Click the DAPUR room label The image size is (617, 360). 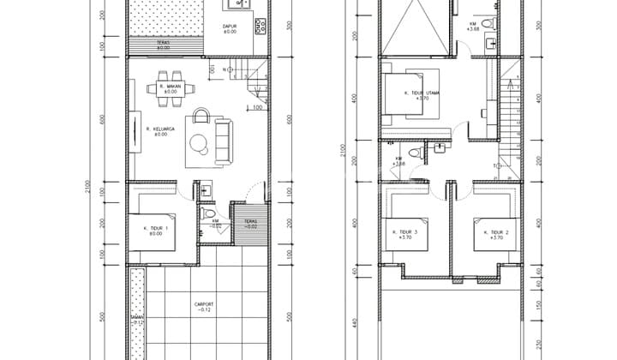click(231, 28)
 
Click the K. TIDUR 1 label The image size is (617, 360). click(155, 230)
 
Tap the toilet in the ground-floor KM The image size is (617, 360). click(208, 212)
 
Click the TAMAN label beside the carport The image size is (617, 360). click(135, 321)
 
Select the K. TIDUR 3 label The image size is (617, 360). click(404, 235)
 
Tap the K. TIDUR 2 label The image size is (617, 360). click(496, 235)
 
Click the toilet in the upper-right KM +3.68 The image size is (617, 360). click(488, 22)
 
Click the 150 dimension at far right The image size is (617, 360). click(538, 304)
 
